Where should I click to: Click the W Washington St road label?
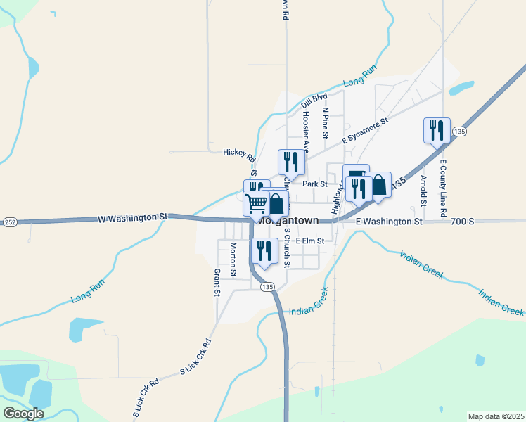[x=132, y=218]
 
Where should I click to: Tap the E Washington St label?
[x=388, y=222]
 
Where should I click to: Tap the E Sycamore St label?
[x=365, y=131]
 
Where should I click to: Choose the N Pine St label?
[x=326, y=118]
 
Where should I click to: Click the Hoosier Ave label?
[x=306, y=132]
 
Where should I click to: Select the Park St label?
[x=315, y=184]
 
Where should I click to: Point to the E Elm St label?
[x=309, y=241]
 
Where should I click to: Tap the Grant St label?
[x=217, y=282]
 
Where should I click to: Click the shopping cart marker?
[x=257, y=203]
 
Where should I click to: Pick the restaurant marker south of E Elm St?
[x=264, y=250]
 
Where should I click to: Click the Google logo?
[x=23, y=414]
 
